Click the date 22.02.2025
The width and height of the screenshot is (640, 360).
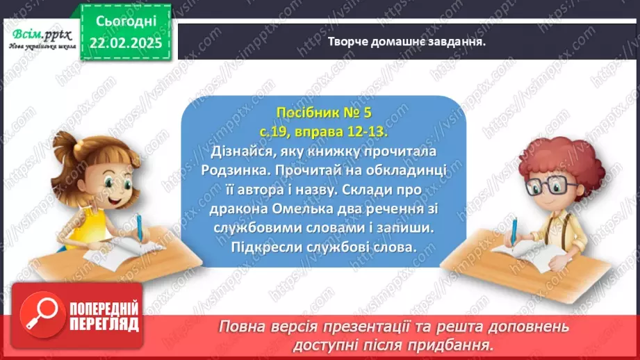coord(126,42)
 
